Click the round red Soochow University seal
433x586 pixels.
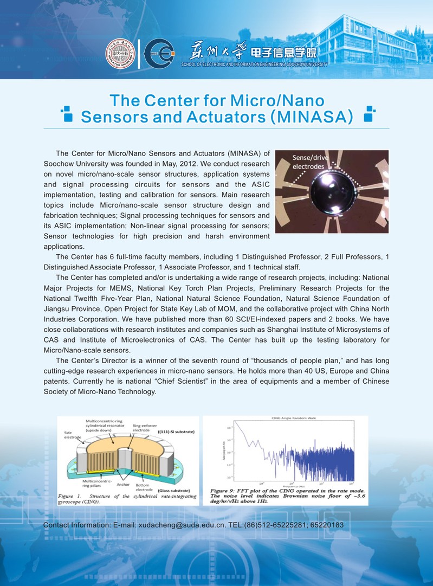click(120, 53)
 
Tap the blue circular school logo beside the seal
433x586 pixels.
click(158, 53)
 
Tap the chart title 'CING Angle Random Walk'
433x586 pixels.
click(286, 419)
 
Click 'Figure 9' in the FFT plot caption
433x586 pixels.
click(222, 491)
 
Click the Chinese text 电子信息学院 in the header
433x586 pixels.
click(282, 53)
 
